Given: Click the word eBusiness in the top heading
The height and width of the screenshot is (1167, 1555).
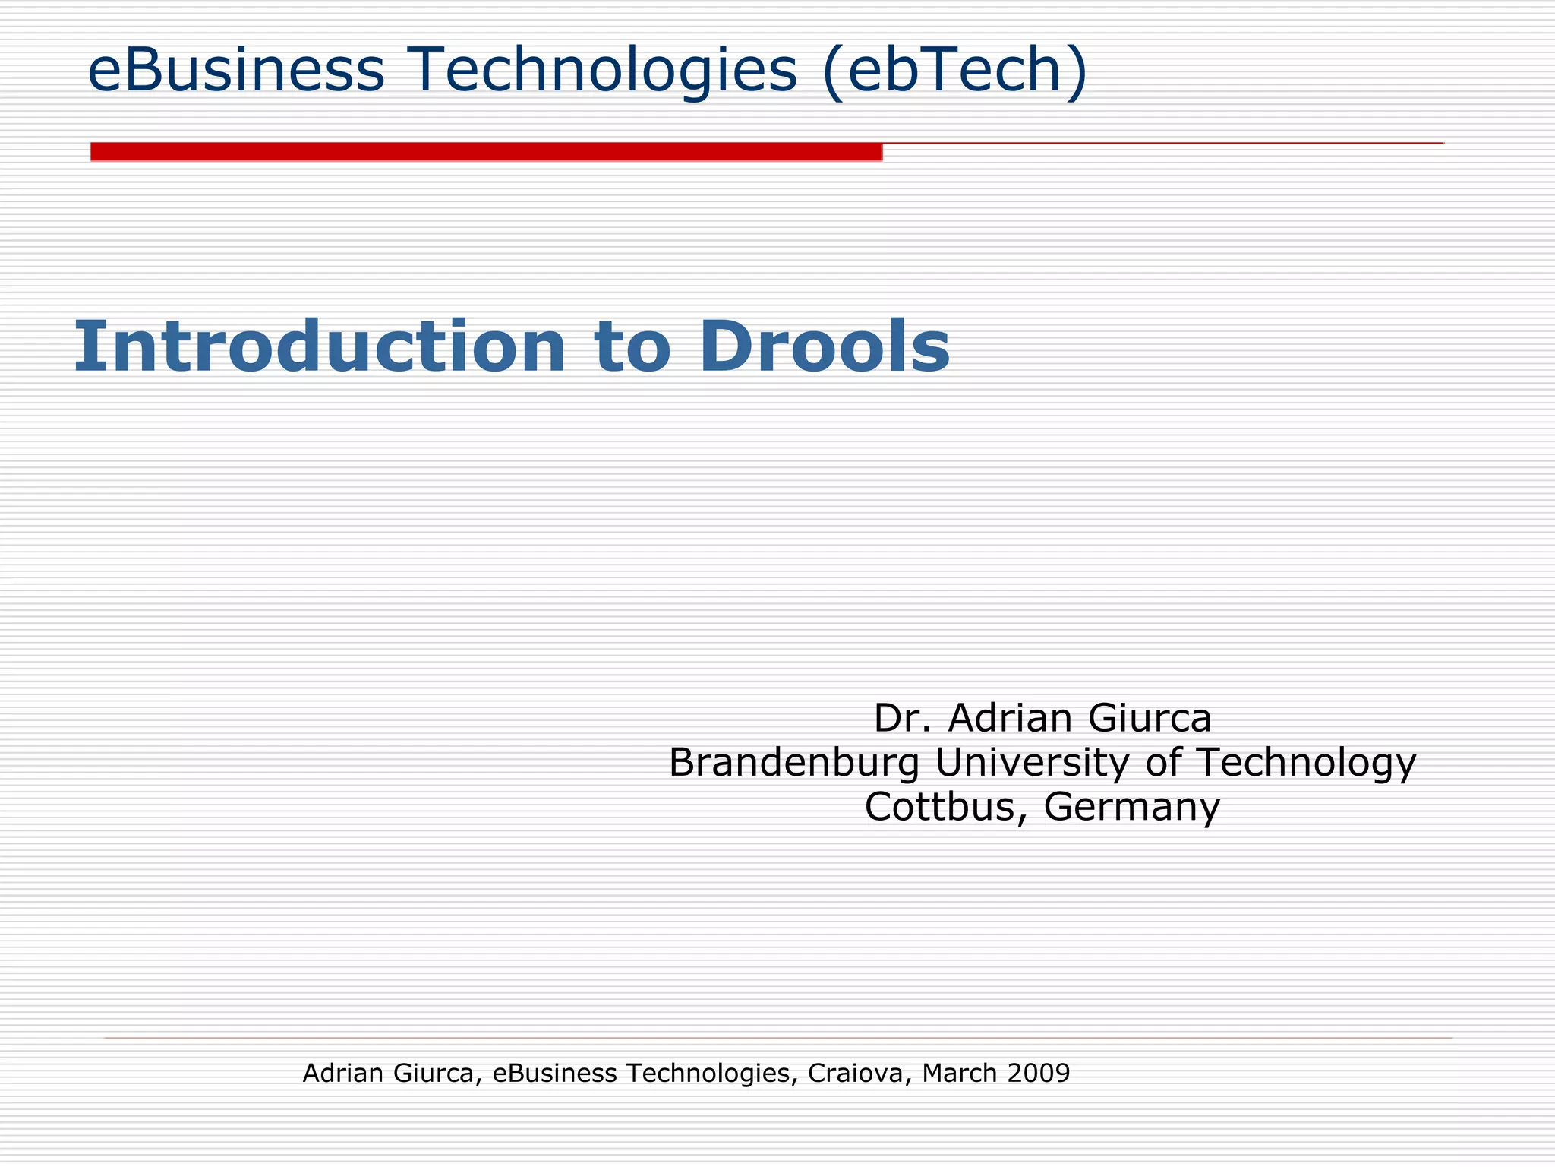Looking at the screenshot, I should (236, 70).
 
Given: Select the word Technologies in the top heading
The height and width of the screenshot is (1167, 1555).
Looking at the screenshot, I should (603, 70).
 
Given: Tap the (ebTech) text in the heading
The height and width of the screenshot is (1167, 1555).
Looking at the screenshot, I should (955, 70).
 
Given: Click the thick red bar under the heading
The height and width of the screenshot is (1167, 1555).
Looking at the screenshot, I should (486, 152).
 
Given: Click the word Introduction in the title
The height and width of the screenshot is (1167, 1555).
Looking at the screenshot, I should (320, 346).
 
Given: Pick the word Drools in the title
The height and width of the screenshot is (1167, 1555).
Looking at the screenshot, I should (825, 346).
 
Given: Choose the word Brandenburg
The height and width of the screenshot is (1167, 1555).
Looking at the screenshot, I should (793, 762).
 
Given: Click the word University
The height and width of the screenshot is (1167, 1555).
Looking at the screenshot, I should (1032, 762).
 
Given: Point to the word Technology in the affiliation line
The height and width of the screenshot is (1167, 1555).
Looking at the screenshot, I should (1306, 762).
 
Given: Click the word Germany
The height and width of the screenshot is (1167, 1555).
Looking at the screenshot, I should (1132, 806).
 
